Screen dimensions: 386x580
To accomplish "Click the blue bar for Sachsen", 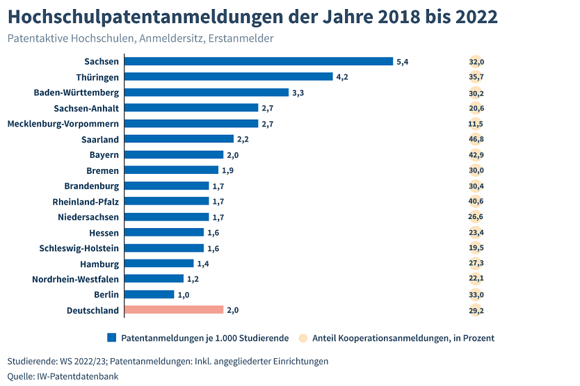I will (258, 61).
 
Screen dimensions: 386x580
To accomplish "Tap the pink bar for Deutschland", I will (173, 309).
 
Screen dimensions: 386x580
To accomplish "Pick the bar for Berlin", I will (149, 294).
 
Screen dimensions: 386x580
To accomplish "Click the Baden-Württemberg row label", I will (76, 93).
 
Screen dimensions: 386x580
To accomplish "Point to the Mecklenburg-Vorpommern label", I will (63, 123).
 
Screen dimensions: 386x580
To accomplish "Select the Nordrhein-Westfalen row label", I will (75, 279).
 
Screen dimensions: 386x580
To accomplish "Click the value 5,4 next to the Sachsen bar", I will (402, 62).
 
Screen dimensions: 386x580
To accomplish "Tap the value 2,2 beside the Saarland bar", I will (243, 139).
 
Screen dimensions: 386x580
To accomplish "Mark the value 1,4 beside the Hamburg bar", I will (202, 264).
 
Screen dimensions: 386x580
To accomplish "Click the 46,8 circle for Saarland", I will (476, 139).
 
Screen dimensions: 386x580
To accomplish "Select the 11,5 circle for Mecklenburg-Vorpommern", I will (476, 123).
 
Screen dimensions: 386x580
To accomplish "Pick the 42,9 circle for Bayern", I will (476, 154).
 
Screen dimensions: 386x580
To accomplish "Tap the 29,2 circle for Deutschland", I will (476, 309).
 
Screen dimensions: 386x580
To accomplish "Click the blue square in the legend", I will (111, 338).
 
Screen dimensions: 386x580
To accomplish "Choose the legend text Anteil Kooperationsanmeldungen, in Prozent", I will (403, 338).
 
